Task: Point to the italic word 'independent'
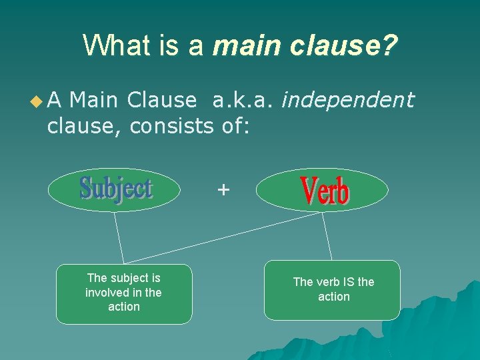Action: (348, 100)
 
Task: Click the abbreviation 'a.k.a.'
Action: (243, 100)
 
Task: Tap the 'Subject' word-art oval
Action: (114, 189)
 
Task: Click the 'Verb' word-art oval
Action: (322, 190)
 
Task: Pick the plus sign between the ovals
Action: (223, 191)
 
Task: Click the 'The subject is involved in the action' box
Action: (124, 293)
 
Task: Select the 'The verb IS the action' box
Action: (333, 290)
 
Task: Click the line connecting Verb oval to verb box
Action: (327, 236)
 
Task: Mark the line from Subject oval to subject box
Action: (118, 237)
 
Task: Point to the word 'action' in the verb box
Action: (334, 297)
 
